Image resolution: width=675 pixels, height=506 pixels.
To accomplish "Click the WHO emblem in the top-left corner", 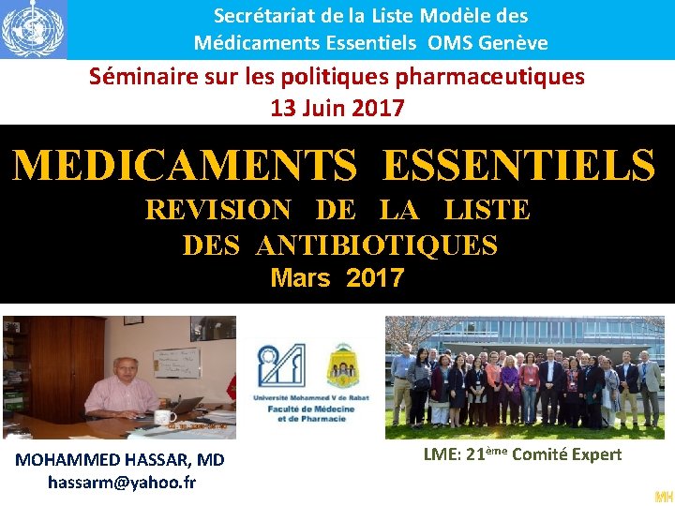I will (x=33, y=29).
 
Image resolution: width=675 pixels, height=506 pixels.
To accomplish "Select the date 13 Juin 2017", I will (x=337, y=108).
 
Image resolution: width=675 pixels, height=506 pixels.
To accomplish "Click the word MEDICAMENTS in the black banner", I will (x=185, y=166).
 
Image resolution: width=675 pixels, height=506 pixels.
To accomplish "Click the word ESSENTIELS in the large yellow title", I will (x=518, y=166).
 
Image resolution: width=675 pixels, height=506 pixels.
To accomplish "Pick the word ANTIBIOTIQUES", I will (x=376, y=246).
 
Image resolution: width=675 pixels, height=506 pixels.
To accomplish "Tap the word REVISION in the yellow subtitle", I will (x=217, y=210).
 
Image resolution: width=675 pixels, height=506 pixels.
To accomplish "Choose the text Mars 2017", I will (x=337, y=278).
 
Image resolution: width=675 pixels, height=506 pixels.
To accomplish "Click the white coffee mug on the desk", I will (x=165, y=416).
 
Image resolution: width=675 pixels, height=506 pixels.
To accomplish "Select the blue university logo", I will (x=281, y=365).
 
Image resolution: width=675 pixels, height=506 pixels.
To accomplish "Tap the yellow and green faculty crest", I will (x=344, y=365).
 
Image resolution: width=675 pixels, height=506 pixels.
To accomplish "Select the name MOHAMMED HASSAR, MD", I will (x=120, y=459).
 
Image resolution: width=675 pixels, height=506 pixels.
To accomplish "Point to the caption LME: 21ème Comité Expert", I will (x=522, y=454).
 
